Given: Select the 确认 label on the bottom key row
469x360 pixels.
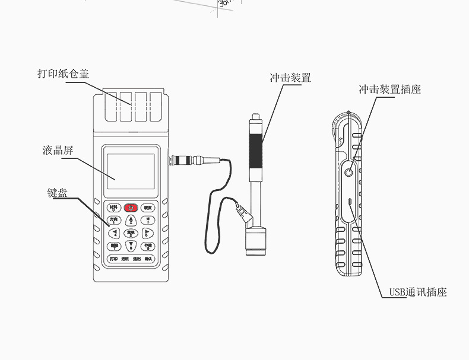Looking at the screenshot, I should tap(148, 259).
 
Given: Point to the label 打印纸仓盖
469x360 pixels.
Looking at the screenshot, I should tap(64, 74).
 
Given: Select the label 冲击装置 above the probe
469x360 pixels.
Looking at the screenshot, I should tap(290, 78).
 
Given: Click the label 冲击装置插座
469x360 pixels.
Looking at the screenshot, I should tap(389, 90).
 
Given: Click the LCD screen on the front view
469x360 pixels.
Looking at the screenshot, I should tap(131, 172).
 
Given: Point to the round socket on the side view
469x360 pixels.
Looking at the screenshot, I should tap(348, 172).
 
